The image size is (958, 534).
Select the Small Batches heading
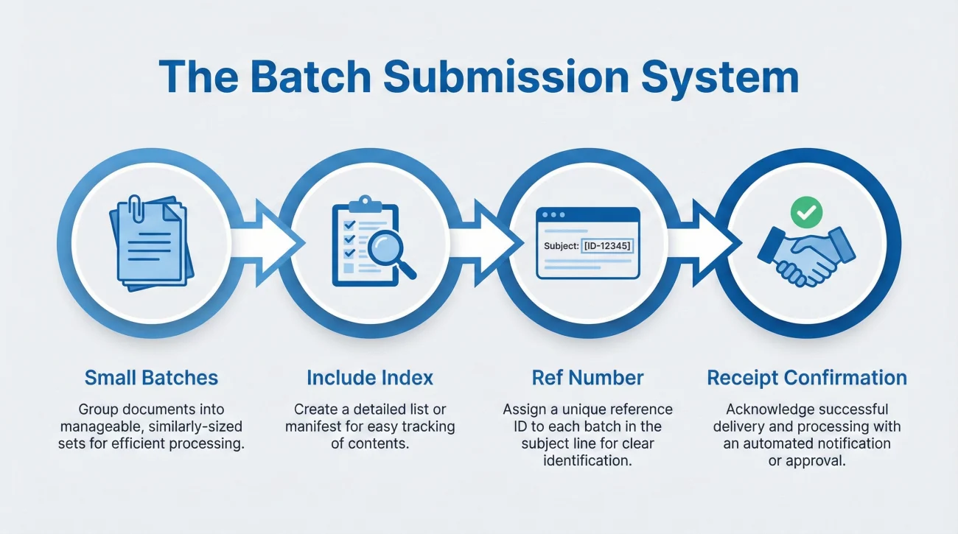point(151,378)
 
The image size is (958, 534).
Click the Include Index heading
point(370,378)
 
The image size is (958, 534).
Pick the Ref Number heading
point(587,378)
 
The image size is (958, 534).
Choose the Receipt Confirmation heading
point(807,378)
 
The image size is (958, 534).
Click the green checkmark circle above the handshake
point(805,213)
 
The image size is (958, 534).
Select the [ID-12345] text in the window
point(606,245)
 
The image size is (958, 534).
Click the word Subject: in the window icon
point(560,245)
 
